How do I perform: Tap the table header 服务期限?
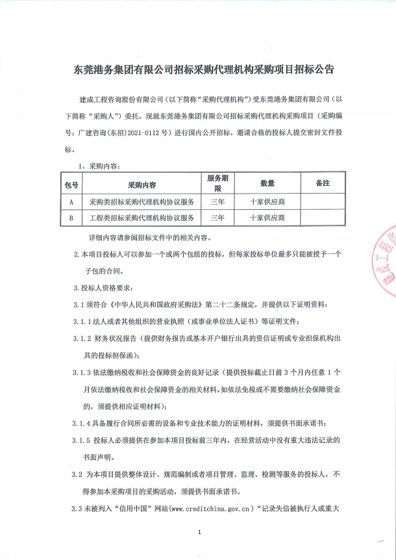click(x=218, y=183)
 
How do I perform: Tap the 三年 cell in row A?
click(x=218, y=202)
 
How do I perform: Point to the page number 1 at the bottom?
click(x=200, y=533)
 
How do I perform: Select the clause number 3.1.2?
click(x=84, y=338)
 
